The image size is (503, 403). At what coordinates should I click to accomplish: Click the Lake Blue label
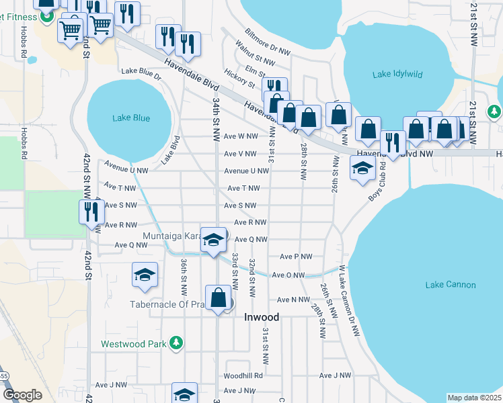pyautogui.click(x=131, y=118)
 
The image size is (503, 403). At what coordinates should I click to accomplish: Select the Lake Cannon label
pyautogui.click(x=450, y=285)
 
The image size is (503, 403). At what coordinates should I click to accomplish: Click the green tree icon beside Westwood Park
pyautogui.click(x=176, y=344)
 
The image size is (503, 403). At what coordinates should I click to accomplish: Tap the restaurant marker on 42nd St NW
pyautogui.click(x=90, y=212)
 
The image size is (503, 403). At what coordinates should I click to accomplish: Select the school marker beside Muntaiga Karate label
pyautogui.click(x=214, y=240)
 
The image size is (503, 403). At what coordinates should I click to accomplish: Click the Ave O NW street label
pyautogui.click(x=288, y=275)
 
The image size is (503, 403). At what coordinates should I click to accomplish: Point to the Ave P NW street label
pyautogui.click(x=296, y=257)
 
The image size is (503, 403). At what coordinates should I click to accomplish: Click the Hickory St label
pyautogui.click(x=240, y=79)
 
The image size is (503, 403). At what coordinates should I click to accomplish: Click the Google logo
pyautogui.click(x=22, y=394)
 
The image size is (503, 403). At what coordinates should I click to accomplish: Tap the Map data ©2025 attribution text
pyautogui.click(x=474, y=398)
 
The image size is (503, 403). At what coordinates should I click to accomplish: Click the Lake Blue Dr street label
pyautogui.click(x=141, y=73)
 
